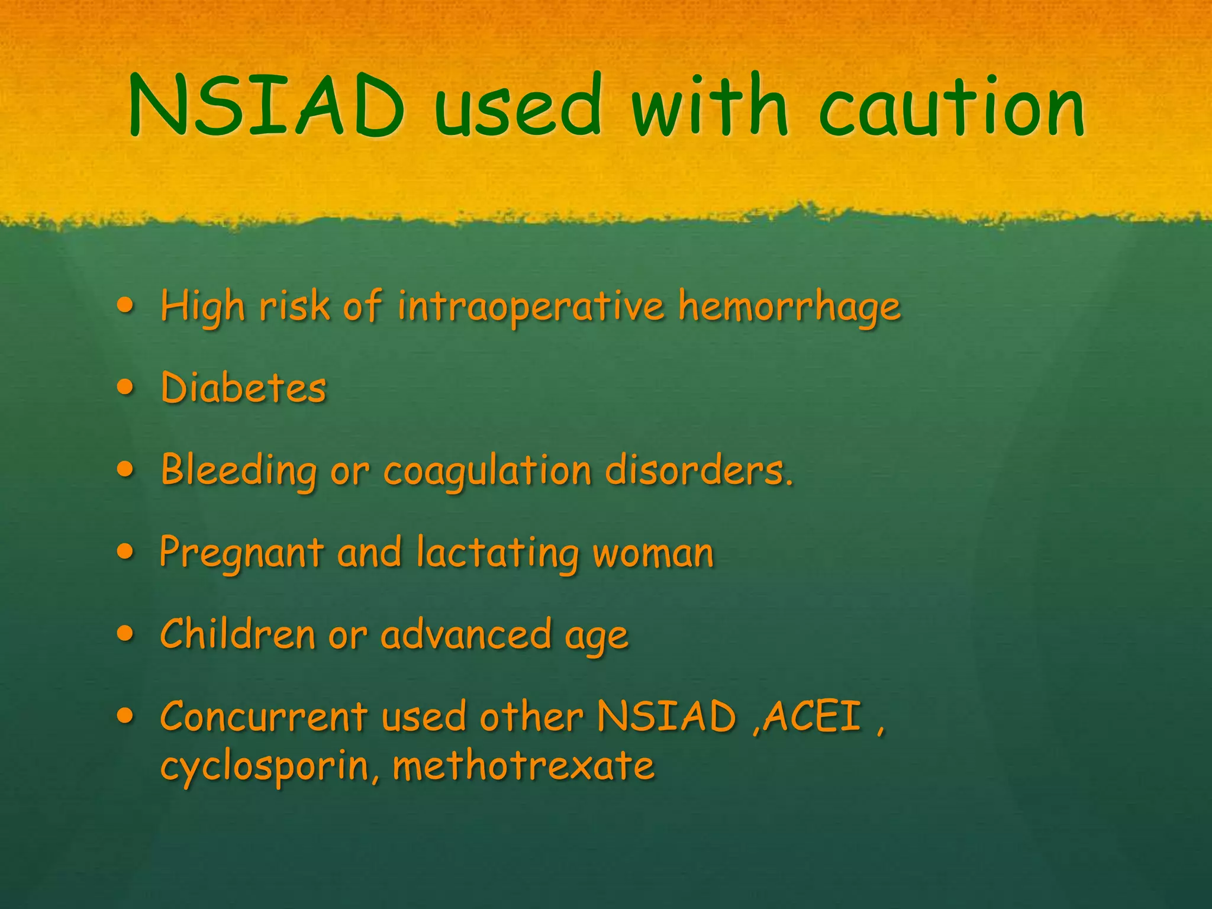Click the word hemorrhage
coord(789,308)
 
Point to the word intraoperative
coord(531,308)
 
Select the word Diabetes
coord(243,388)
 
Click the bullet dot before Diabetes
coord(125,388)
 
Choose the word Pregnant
coord(241,554)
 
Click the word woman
coord(653,554)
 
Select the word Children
coord(237,635)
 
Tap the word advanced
coord(466,635)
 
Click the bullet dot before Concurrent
coord(125,716)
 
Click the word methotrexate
coord(524,765)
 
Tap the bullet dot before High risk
coord(125,306)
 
